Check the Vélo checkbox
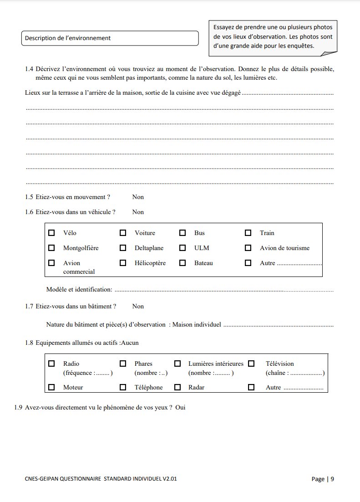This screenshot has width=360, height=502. click(51, 233)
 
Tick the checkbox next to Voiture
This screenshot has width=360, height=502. click(123, 233)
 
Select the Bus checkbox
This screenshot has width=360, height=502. click(183, 233)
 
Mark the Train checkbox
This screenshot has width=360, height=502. click(248, 233)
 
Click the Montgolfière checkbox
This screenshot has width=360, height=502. click(51, 248)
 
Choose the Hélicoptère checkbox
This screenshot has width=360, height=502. click(123, 263)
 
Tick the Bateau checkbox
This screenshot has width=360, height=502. click(183, 263)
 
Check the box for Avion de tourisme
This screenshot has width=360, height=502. click(248, 248)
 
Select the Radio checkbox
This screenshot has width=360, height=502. click(51, 364)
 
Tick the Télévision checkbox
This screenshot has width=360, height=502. click(251, 364)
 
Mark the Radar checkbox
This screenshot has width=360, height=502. click(177, 387)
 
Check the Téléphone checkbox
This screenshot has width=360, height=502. click(123, 387)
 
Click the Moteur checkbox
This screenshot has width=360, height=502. click(51, 387)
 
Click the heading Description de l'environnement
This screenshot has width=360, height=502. click(68, 38)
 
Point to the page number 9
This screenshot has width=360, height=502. click(332, 479)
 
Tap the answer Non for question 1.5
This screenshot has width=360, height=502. click(138, 197)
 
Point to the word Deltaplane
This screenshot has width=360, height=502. click(149, 248)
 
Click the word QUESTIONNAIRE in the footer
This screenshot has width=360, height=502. click(81, 479)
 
